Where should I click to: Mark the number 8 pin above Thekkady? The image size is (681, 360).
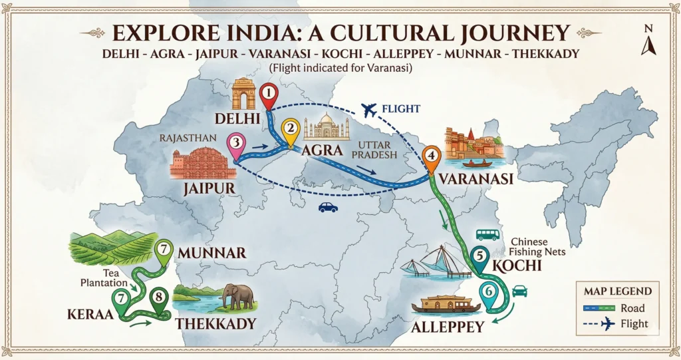(x=160, y=299)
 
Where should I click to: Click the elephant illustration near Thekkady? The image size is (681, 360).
(x=238, y=296)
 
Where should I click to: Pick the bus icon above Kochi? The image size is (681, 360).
(x=488, y=234)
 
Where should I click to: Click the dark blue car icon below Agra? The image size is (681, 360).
(x=328, y=207)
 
